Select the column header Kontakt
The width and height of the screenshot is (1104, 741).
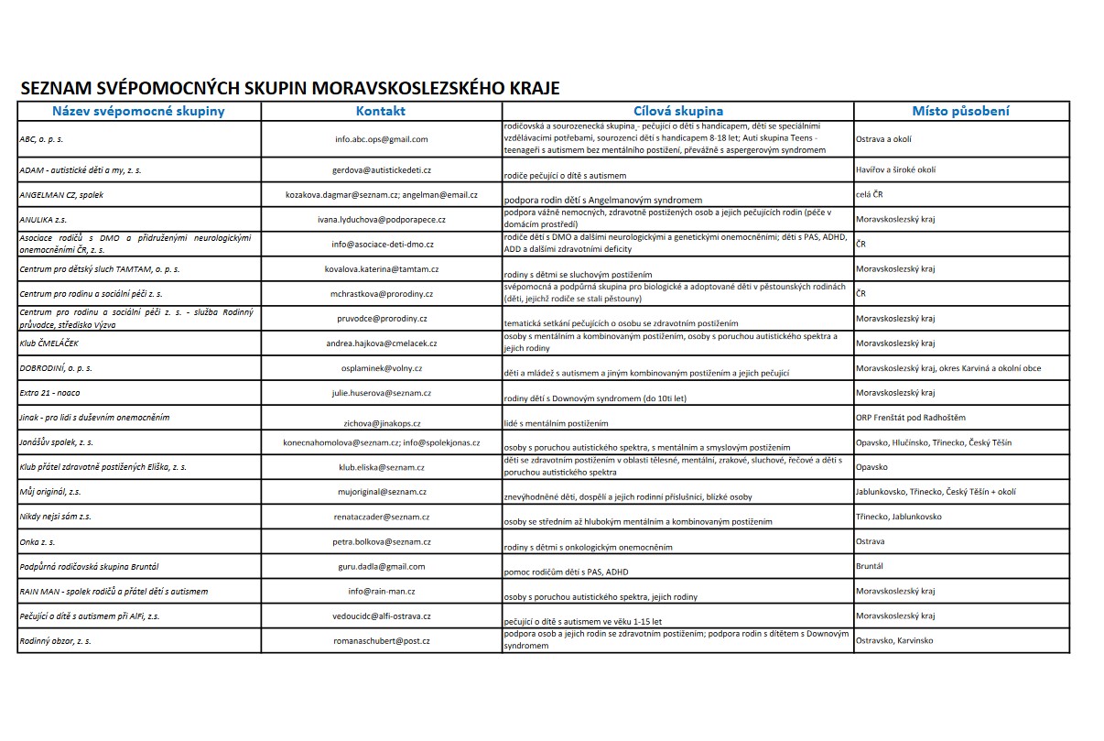point(380,112)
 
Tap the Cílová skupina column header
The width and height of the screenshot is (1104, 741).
point(678,112)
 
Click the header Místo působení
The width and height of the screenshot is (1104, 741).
point(960,112)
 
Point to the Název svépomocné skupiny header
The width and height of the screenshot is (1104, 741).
point(138,112)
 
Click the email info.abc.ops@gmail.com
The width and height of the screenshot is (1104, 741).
point(381,139)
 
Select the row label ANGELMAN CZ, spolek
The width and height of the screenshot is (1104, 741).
point(61,195)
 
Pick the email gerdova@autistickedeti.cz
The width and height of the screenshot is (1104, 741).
point(381,170)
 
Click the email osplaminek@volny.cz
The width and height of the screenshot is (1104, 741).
point(381,368)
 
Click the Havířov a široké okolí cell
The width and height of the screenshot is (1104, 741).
point(895,170)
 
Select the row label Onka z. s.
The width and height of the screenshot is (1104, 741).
point(37,541)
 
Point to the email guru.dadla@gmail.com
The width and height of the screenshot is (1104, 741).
point(381,566)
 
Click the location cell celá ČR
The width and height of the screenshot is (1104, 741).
point(869,195)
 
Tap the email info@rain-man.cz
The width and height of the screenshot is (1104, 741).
point(381,591)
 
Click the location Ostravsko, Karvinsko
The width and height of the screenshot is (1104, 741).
point(894,640)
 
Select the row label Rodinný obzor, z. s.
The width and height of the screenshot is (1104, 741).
point(56,640)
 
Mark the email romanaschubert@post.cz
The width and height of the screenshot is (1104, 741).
point(381,640)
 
